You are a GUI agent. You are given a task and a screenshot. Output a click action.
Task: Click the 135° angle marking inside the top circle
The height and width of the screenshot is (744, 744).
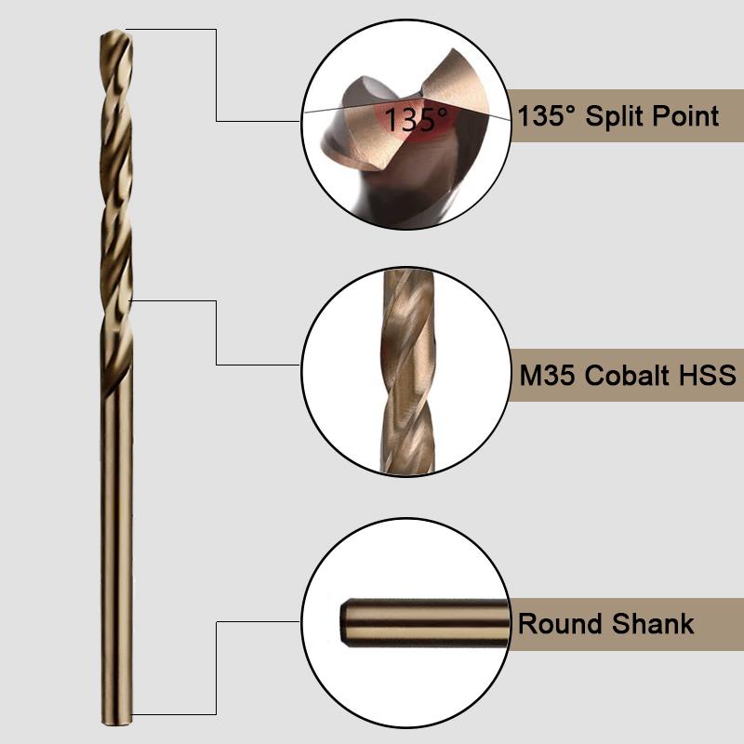pyautogui.click(x=416, y=119)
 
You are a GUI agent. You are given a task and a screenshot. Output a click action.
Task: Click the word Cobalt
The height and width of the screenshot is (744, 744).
pyautogui.click(x=627, y=376)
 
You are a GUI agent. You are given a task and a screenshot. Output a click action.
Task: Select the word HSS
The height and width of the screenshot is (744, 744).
pyautogui.click(x=708, y=376)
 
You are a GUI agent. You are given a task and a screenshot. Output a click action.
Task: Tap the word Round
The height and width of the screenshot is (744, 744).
pyautogui.click(x=560, y=623)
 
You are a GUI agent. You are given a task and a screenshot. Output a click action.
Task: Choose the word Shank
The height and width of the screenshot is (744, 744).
pyautogui.click(x=653, y=623)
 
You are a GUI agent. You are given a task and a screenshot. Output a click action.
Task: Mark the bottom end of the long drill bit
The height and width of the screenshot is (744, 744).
pyautogui.click(x=116, y=724)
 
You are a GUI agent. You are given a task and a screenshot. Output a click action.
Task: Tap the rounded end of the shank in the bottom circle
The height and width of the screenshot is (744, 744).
pyautogui.click(x=345, y=623)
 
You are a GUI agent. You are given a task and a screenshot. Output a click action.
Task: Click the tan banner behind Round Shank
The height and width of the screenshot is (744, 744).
pyautogui.click(x=626, y=624)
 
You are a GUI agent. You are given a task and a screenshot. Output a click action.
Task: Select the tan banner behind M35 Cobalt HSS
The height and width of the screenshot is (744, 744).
pyautogui.click(x=626, y=376)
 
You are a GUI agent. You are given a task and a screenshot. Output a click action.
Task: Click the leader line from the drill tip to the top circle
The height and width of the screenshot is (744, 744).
pyautogui.click(x=217, y=75)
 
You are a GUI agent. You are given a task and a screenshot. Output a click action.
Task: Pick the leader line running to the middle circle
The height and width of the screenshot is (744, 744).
pyautogui.click(x=217, y=333)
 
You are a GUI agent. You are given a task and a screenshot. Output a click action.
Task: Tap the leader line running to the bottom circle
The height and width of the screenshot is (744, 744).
pyautogui.click(x=217, y=668)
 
